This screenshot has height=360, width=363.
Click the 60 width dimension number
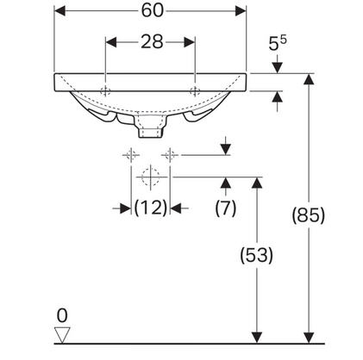pyautogui.click(x=152, y=10)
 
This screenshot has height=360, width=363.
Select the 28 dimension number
pyautogui.click(x=152, y=42)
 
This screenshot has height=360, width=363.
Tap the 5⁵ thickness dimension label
pyautogui.click(x=278, y=43)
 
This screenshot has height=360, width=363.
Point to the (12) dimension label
pyautogui.click(x=151, y=208)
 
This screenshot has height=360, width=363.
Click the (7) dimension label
pyautogui.click(x=226, y=208)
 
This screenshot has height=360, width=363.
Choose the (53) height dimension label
pyautogui.click(x=256, y=255)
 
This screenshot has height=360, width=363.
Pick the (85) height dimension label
pyautogui.click(x=309, y=215)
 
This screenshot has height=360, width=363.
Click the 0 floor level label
pyautogui.click(x=62, y=315)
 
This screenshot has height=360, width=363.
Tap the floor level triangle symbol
pyautogui.click(x=62, y=335)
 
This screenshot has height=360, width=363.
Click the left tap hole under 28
pyautogui.click(x=105, y=91)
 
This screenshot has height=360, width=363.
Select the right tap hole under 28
pyautogui.click(x=195, y=91)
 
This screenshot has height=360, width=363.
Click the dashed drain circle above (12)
pyautogui.click(x=151, y=177)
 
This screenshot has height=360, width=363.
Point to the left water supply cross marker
pyautogui.click(x=131, y=155)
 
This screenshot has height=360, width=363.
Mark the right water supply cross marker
pyautogui.click(x=170, y=155)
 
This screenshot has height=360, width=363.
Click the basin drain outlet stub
pyautogui.click(x=151, y=133)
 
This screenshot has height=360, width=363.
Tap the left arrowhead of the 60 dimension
pyautogui.click(x=59, y=11)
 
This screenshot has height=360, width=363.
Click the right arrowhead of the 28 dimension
pyautogui.click(x=190, y=42)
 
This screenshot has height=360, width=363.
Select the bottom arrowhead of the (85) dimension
pyautogui.click(x=309, y=338)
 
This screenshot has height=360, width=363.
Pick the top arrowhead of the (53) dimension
pyautogui.click(x=257, y=183)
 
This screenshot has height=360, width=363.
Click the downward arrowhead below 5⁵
pyautogui.click(x=278, y=68)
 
